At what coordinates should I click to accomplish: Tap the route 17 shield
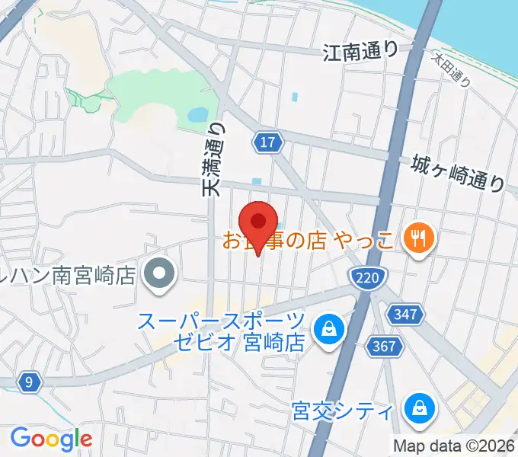268,142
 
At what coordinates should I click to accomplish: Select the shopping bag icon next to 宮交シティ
419,410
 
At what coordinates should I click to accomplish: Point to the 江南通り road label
360,52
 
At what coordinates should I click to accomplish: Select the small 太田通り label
452,70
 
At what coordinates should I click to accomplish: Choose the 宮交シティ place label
343,412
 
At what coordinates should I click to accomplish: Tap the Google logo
51,438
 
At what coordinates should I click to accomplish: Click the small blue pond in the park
197,116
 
